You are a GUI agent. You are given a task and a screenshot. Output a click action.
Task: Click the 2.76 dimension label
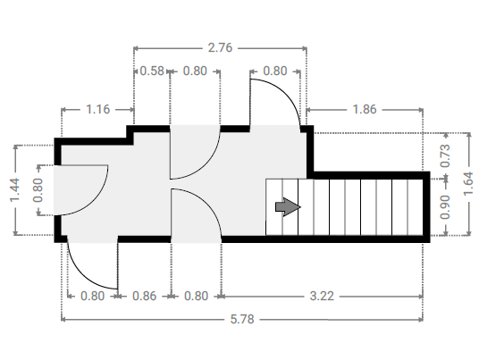220,48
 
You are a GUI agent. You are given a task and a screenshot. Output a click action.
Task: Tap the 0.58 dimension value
152,71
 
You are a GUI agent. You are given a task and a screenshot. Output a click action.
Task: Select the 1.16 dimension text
97,109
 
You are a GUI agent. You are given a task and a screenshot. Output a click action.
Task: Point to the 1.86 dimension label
365,109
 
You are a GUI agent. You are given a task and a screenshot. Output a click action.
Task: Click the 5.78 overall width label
242,320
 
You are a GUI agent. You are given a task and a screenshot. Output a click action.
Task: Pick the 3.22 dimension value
322,297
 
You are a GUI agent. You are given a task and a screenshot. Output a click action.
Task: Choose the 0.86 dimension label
144,297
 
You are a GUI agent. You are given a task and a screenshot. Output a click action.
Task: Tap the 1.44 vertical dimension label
14,190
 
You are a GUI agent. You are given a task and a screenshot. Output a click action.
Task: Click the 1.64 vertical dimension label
468,184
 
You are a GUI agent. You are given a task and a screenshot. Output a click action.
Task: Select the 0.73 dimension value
445,155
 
